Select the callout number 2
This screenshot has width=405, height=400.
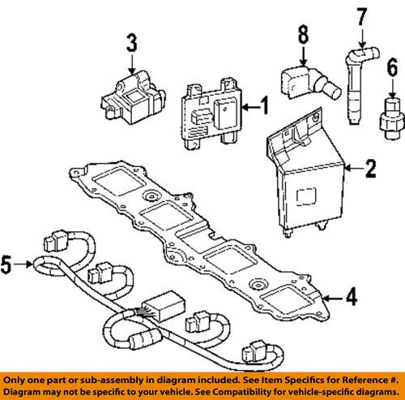[369, 169]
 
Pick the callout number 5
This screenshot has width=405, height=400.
[8, 263]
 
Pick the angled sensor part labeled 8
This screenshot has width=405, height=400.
[306, 84]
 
